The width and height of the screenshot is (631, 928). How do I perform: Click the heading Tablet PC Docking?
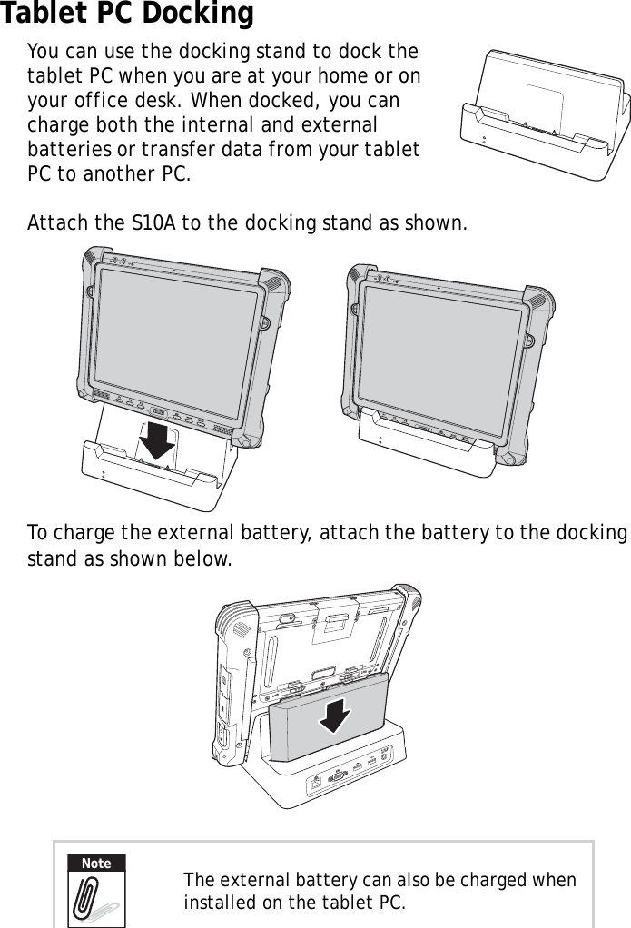(x=127, y=15)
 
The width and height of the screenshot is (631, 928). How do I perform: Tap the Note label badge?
(x=96, y=864)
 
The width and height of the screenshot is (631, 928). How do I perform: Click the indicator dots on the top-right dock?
(x=484, y=143)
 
